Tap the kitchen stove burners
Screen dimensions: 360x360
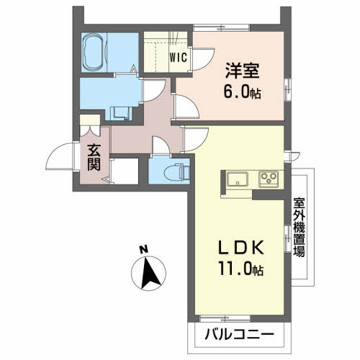[x=269, y=179]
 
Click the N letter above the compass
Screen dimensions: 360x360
[x=143, y=250]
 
